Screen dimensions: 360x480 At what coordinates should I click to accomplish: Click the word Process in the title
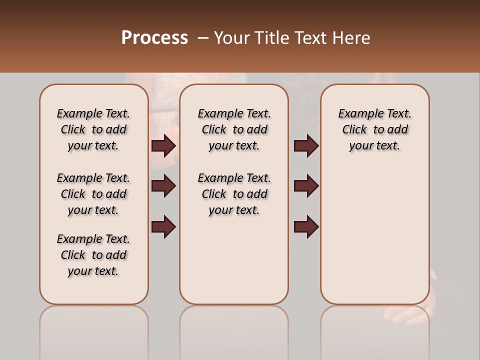[154, 37]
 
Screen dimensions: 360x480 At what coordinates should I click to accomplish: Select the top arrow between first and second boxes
[163, 146]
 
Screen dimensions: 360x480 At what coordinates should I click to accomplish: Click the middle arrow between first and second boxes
[163, 186]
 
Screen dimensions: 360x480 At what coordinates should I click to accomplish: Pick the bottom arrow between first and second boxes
[163, 227]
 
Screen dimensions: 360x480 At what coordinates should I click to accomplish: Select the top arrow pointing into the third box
[306, 146]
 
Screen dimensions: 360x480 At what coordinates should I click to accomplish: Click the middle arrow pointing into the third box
[306, 186]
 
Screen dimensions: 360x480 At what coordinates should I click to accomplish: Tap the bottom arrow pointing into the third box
[306, 227]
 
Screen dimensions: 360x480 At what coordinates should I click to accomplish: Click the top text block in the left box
[93, 129]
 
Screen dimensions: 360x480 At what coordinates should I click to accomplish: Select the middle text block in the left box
[93, 194]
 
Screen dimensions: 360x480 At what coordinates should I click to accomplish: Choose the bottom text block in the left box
[93, 255]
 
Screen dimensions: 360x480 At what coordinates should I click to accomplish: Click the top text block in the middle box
[234, 129]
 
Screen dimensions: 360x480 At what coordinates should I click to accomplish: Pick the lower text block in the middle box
[234, 194]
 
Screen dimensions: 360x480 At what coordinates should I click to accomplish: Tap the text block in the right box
[375, 129]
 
